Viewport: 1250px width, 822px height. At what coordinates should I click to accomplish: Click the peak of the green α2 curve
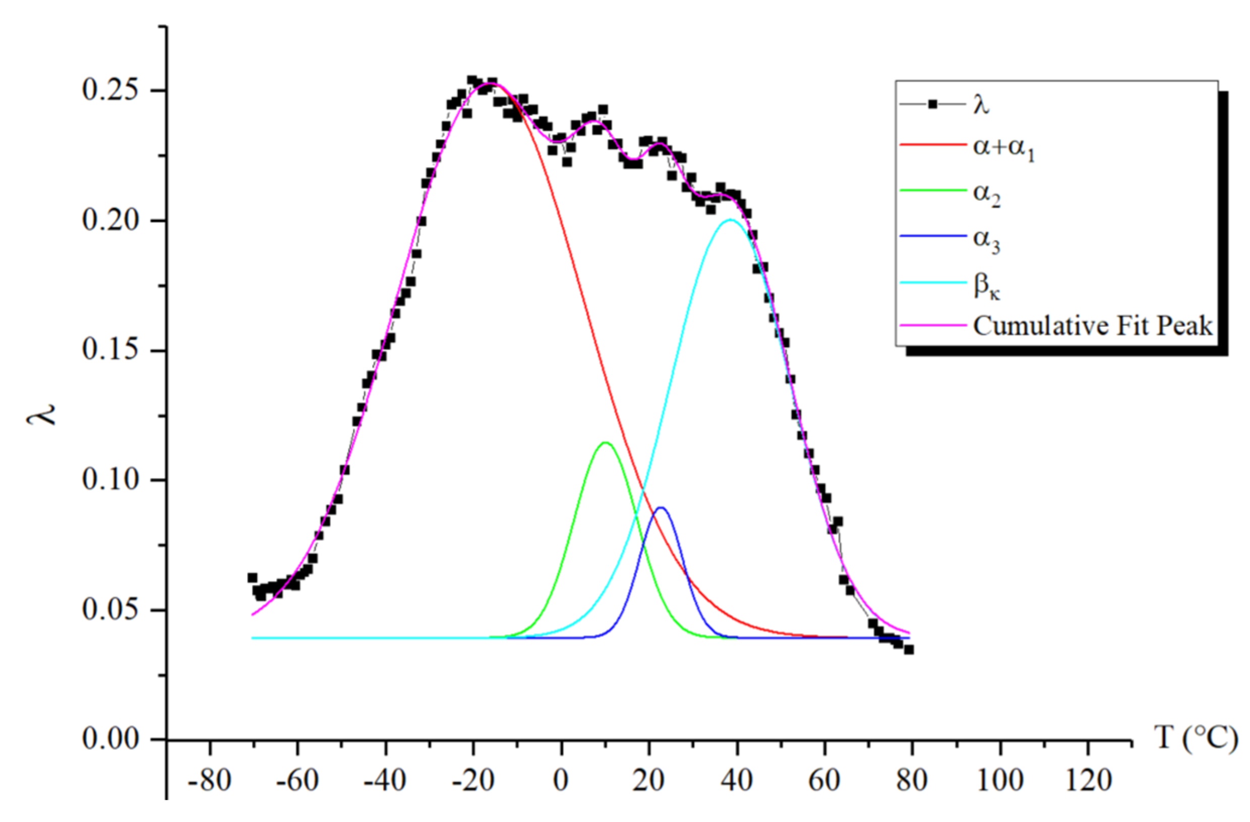coord(606,443)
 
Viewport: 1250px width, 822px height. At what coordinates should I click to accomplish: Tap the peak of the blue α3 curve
coord(661,507)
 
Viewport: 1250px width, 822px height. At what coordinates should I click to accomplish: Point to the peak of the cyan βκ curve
coord(730,219)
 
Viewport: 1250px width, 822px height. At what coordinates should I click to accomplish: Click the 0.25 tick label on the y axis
coord(109,90)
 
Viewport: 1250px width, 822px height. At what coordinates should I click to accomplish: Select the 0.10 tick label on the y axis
coord(109,480)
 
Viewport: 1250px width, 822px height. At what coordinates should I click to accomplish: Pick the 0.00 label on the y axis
coord(109,739)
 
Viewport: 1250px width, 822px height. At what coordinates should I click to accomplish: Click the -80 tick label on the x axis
coord(210,781)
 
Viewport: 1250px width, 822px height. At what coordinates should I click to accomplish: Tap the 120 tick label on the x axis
coord(1087,781)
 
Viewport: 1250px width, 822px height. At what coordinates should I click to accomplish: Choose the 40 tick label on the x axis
coord(737,781)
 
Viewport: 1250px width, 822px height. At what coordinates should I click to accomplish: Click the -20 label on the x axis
coord(472,781)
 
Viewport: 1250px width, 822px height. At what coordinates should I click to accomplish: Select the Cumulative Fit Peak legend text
coord(1093,326)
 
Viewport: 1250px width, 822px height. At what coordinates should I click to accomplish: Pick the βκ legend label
coord(987,287)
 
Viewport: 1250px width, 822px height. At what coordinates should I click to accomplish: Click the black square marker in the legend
coord(933,104)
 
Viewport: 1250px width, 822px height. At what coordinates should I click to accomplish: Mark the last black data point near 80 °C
coord(909,650)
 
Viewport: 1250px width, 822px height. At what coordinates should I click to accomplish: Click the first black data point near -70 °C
coord(252,578)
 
